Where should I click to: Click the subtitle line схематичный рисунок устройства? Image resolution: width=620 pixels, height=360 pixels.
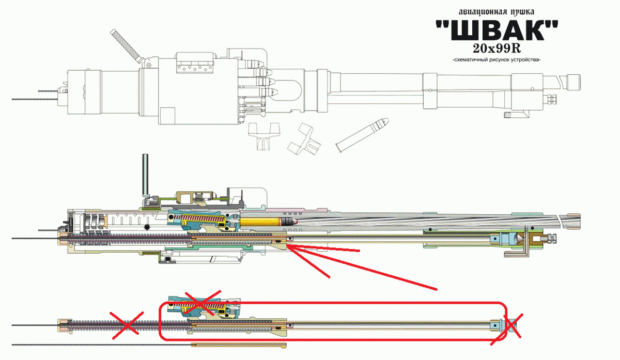(496, 60)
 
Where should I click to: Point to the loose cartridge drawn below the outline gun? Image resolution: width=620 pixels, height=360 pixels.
(361, 134)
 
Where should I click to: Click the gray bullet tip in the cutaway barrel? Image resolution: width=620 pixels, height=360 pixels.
(290, 222)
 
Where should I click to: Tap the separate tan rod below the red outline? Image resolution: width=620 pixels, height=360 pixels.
(238, 344)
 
